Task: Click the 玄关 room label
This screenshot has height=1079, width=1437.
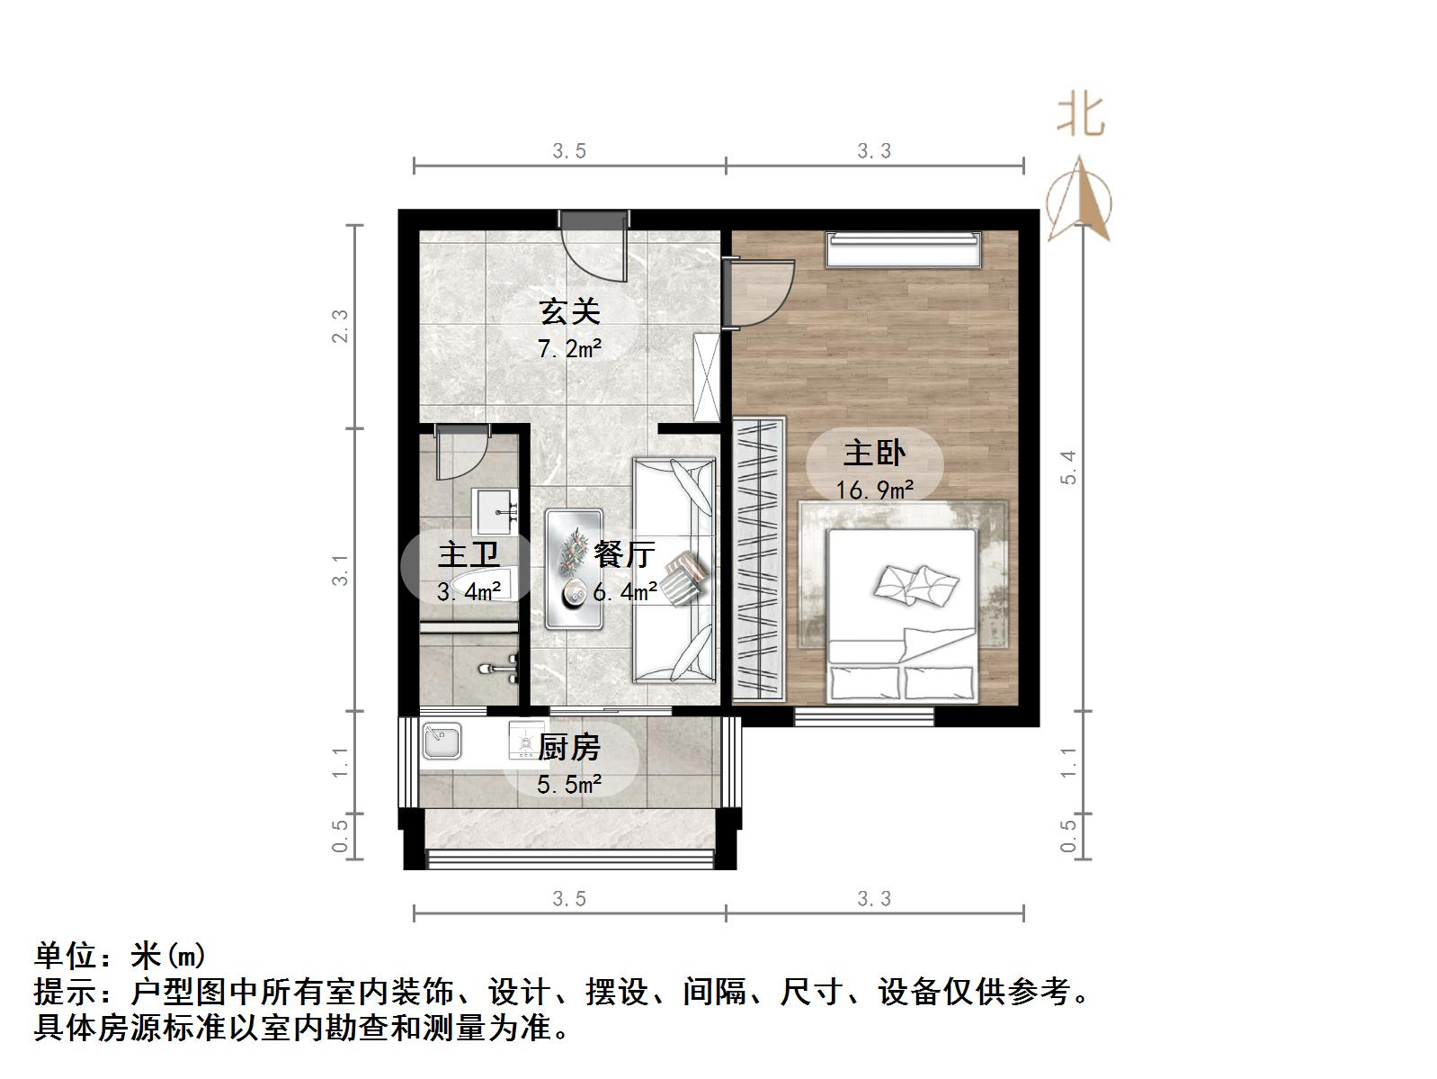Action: point(569,311)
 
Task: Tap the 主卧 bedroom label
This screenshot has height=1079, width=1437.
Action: point(874,452)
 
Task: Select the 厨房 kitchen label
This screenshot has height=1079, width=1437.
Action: point(569,747)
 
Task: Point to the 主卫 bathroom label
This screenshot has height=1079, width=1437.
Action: point(468,553)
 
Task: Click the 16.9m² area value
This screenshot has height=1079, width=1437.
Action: point(874,490)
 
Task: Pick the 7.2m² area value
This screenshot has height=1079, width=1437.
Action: point(569,348)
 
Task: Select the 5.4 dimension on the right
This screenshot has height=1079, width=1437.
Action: point(1068,468)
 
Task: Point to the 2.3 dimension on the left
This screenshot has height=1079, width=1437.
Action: point(340,326)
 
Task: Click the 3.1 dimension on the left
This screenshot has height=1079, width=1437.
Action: point(340,571)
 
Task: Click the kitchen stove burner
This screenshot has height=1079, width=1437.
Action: point(527,741)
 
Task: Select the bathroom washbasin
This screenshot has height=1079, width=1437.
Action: point(495,512)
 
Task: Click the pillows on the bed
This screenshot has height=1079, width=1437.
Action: point(915,586)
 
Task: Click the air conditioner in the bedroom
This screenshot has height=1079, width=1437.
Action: point(904,249)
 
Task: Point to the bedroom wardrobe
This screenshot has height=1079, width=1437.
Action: point(758,559)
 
